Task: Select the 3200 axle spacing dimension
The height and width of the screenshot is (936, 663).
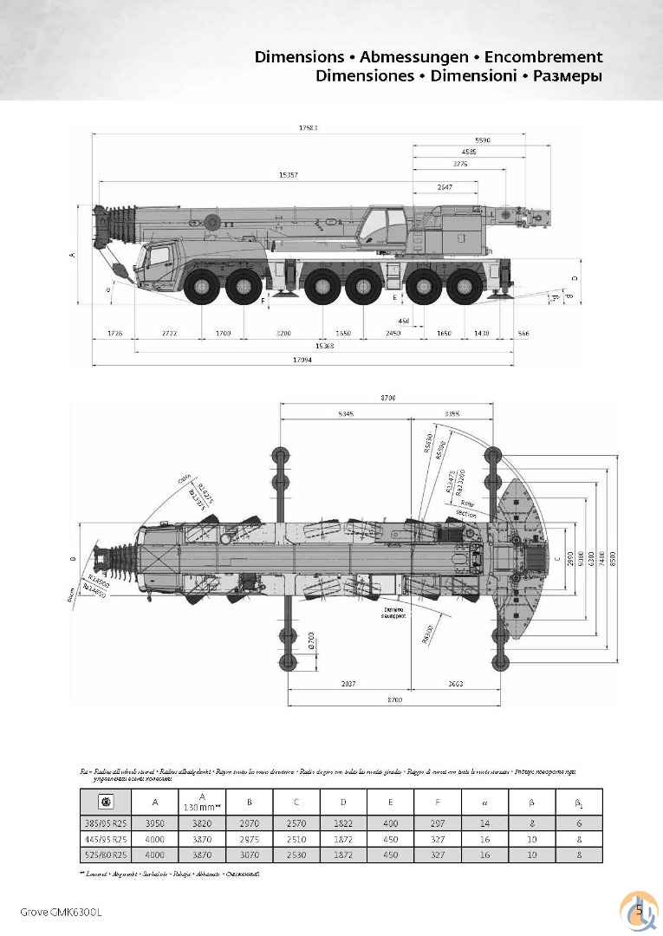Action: (283, 333)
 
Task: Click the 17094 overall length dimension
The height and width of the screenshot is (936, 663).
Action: (301, 360)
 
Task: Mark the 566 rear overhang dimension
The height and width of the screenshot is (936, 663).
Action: (523, 333)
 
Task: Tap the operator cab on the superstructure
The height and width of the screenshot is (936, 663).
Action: (385, 225)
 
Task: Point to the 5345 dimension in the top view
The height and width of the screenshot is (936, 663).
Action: (345, 413)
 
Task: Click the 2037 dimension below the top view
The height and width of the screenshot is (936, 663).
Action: (348, 684)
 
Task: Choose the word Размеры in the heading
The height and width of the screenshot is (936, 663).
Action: (568, 75)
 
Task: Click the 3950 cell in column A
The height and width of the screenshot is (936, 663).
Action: (154, 823)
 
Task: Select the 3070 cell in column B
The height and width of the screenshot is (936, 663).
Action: (249, 855)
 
